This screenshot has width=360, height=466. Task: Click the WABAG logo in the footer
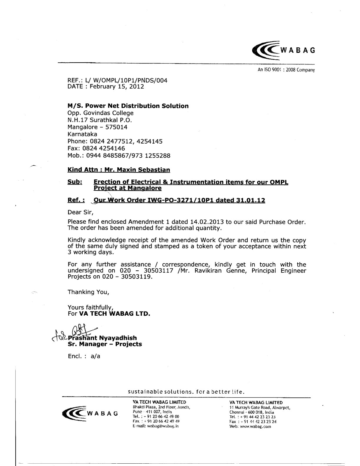point(90,413)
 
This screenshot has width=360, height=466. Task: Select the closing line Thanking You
point(88,292)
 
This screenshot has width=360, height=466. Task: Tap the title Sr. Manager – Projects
point(105,344)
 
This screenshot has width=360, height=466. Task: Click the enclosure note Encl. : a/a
point(84,356)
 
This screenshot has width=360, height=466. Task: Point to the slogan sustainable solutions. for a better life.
point(186,392)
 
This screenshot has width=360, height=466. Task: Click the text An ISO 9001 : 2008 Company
point(286,70)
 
